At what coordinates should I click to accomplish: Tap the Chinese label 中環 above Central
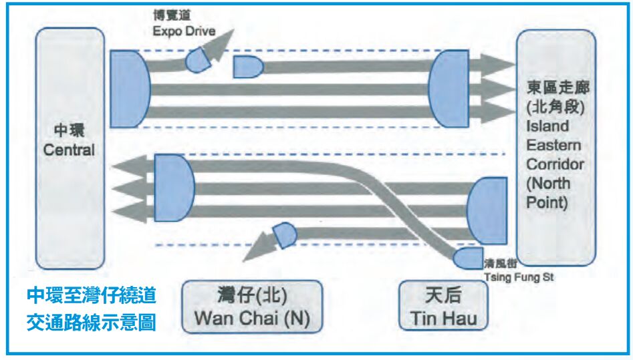(69, 130)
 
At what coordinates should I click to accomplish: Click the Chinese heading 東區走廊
(554, 88)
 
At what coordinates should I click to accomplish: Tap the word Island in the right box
(547, 126)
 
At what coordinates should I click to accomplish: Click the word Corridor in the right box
(553, 164)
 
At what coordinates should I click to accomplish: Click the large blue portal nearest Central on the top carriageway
(130, 88)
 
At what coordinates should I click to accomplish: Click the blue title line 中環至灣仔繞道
(92, 295)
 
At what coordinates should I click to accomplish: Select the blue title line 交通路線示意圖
(92, 323)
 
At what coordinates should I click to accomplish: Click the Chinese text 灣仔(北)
(251, 294)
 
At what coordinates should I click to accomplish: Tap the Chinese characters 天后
(442, 294)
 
